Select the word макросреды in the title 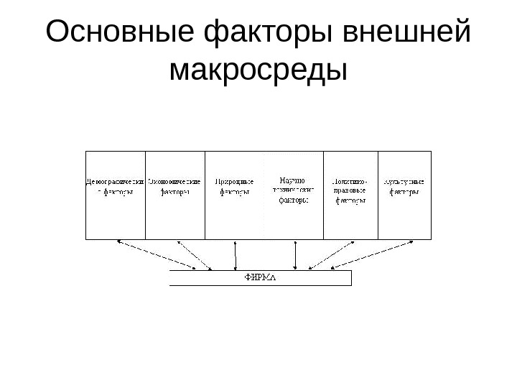(x=258, y=70)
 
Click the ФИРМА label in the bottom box (x=260, y=277)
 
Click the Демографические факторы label (x=116, y=187)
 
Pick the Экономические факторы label (x=174, y=187)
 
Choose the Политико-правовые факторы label (x=350, y=191)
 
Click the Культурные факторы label (x=404, y=187)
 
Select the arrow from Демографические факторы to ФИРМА (x=164, y=255)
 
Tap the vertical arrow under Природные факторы (x=236, y=255)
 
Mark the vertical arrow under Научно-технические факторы (x=295, y=255)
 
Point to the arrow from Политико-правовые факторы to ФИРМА (x=332, y=255)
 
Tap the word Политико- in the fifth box (x=350, y=181)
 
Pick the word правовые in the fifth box (x=350, y=191)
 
